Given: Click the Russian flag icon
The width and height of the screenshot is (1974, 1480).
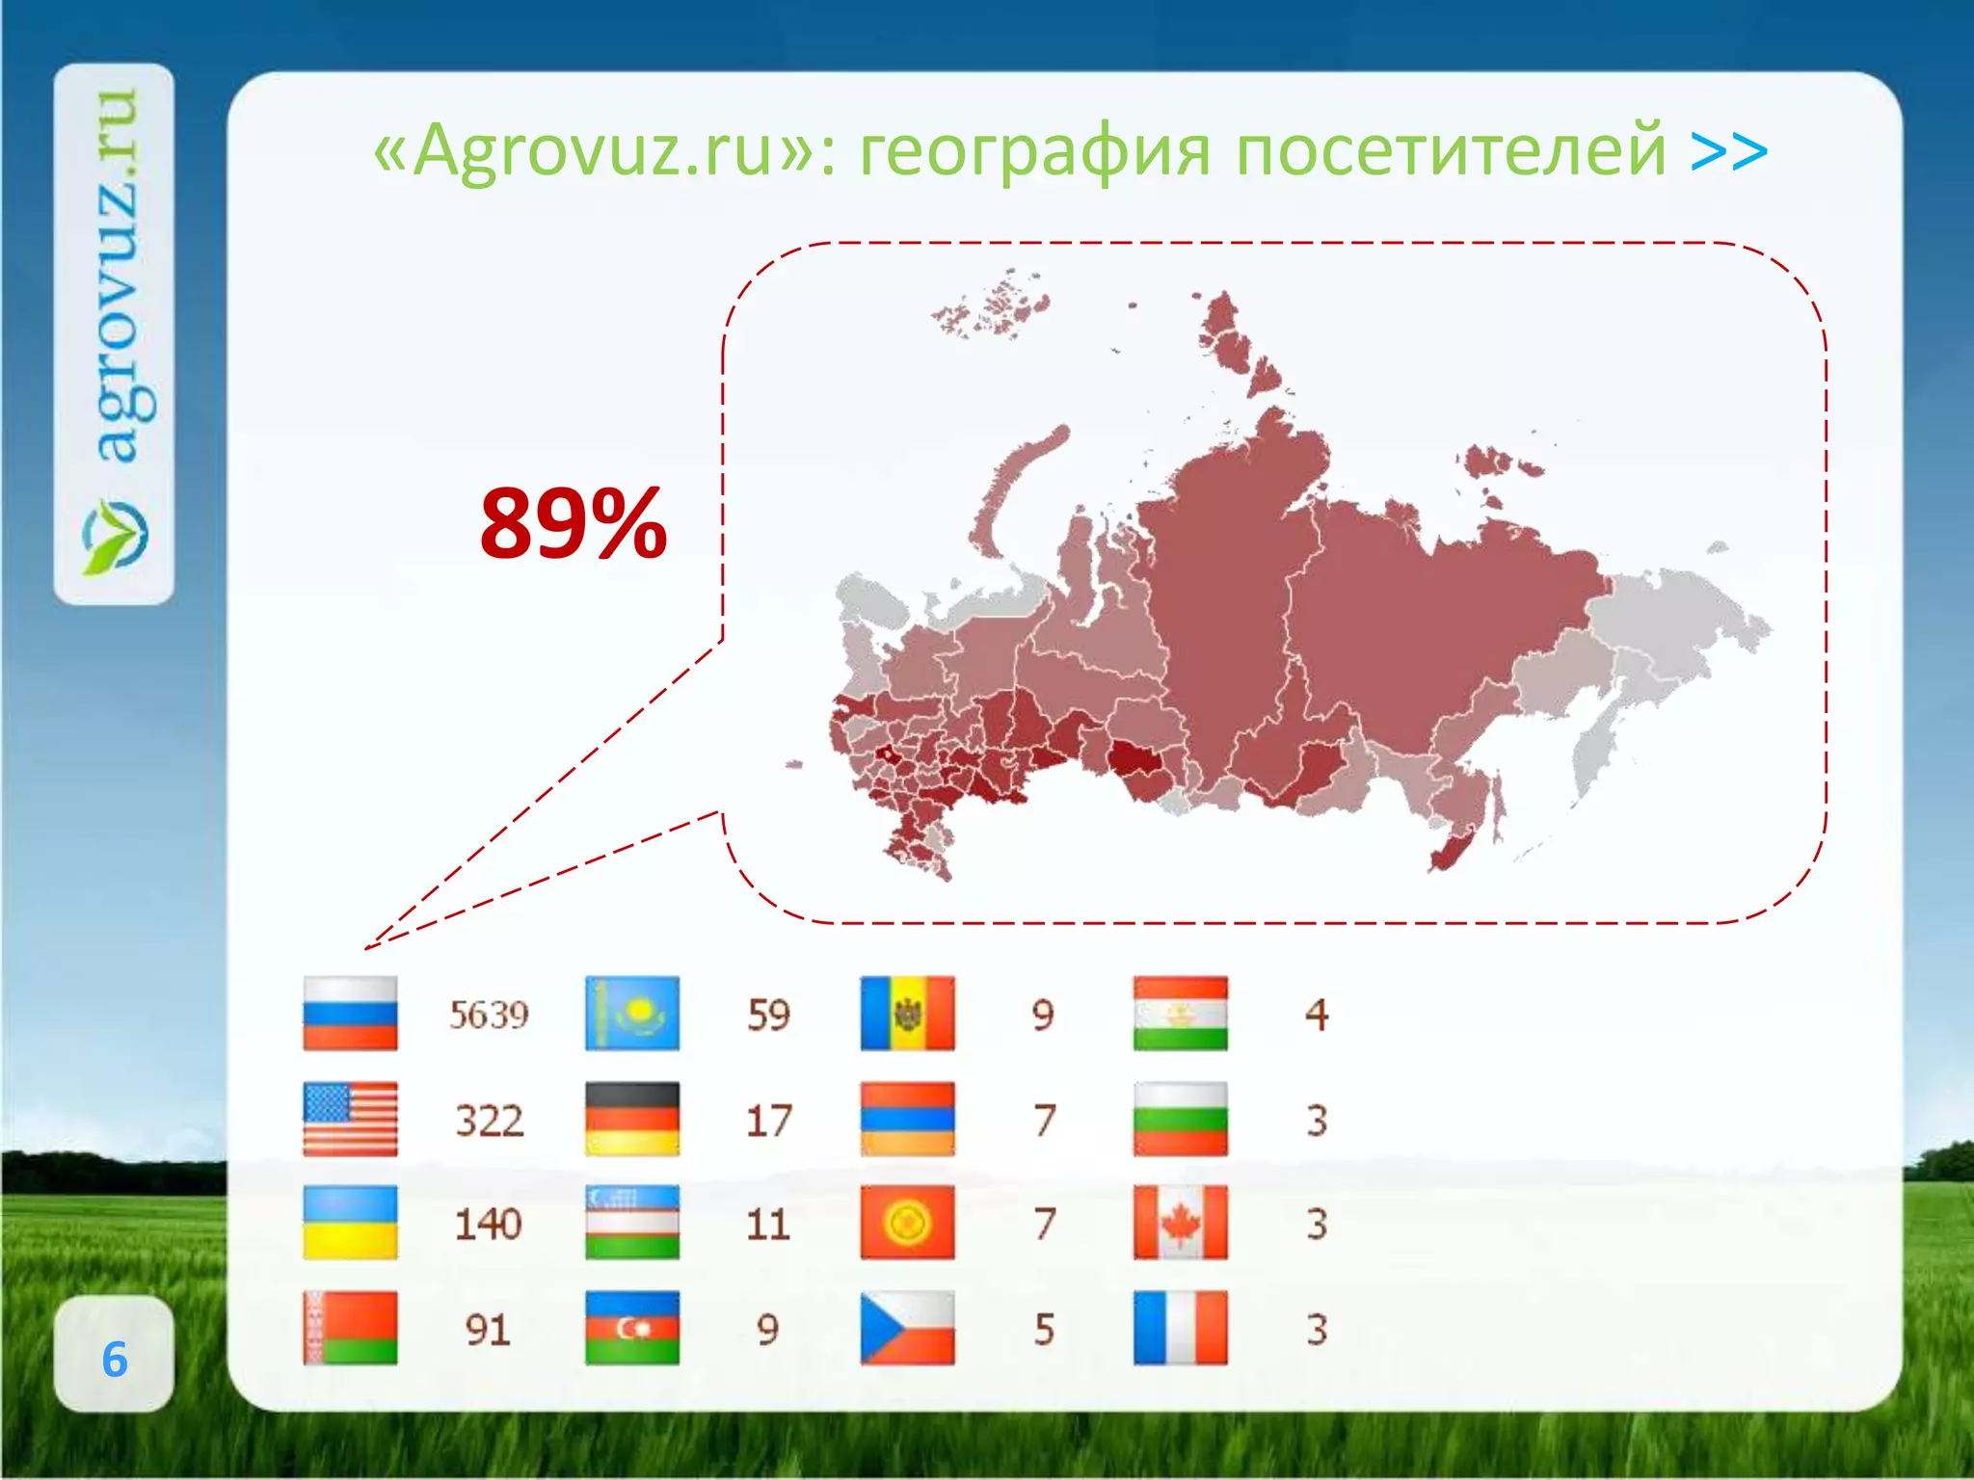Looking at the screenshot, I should [x=350, y=1013].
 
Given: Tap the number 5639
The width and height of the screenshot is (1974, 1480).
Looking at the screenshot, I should [x=489, y=1015].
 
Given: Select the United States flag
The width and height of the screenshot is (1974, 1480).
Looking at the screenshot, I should [x=350, y=1119].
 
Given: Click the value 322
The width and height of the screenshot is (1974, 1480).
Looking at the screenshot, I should [x=489, y=1121].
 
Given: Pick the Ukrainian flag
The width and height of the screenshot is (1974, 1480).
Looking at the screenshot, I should [x=350, y=1223].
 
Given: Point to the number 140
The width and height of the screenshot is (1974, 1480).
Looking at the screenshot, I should [x=488, y=1225].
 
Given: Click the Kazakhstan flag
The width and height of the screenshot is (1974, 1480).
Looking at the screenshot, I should [x=632, y=1013].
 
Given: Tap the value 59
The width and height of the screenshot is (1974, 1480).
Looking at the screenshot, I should [x=768, y=1015].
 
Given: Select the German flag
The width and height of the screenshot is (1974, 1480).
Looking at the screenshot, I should [x=632, y=1119].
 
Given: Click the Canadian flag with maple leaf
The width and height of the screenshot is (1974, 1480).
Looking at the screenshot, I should [x=1181, y=1223].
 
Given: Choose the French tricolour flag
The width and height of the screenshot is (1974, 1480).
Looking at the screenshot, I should [x=1181, y=1329].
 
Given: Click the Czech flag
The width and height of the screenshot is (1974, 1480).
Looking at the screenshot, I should [x=907, y=1329].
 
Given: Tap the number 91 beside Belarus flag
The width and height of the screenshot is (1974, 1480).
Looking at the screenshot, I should [x=487, y=1331].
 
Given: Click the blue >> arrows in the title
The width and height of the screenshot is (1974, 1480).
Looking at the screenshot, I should [x=1729, y=150].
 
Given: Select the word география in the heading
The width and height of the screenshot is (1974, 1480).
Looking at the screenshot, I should [x=1034, y=150].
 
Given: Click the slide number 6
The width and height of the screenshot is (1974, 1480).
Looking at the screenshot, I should [x=115, y=1360].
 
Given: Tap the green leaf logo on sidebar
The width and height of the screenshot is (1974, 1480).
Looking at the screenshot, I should [x=115, y=536].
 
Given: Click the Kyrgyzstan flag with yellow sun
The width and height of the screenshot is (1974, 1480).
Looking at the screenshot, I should [x=907, y=1223].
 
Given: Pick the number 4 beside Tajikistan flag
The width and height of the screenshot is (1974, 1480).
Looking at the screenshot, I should [x=1317, y=1015].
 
